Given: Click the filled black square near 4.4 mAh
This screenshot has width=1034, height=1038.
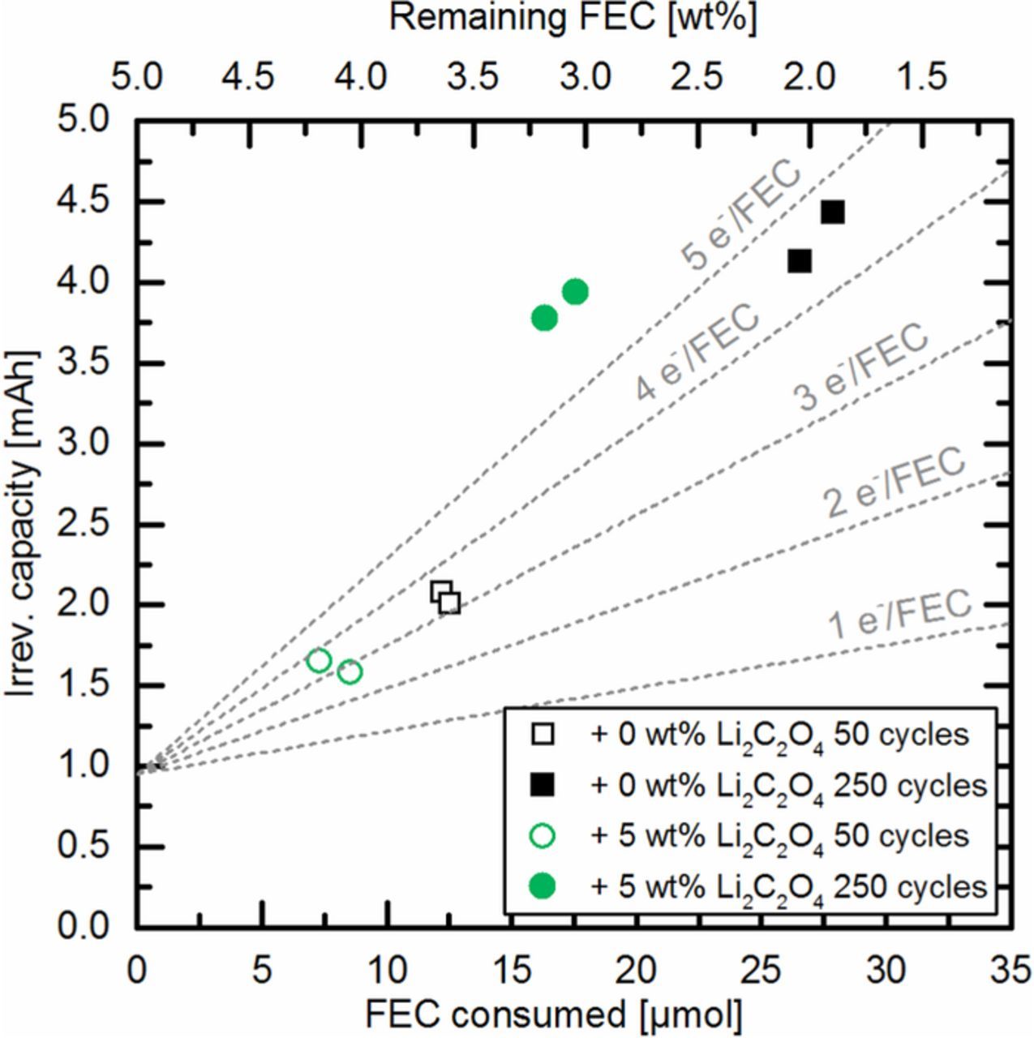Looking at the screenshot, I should click(x=832, y=212).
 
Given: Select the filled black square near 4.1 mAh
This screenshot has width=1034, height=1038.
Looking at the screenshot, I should click(x=800, y=261).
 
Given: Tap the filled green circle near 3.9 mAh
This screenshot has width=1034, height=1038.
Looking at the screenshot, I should click(x=575, y=291).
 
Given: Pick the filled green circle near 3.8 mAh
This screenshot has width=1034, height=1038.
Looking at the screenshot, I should click(x=544, y=317).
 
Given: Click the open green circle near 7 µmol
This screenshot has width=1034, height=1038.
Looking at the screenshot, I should click(x=320, y=660).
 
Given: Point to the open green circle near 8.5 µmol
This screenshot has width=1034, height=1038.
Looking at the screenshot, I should click(x=350, y=671).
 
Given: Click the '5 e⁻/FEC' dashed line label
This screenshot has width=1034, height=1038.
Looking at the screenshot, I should click(x=742, y=217).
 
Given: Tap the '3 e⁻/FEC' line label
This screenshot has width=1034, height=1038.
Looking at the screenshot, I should click(x=861, y=367).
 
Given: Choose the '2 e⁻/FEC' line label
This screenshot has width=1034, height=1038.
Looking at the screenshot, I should click(x=895, y=483).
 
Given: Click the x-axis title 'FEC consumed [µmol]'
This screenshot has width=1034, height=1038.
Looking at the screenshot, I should click(x=553, y=1014).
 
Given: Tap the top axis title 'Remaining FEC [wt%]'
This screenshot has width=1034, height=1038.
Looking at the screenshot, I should click(x=573, y=19).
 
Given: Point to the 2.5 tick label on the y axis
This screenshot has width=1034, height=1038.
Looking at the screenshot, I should click(x=83, y=525).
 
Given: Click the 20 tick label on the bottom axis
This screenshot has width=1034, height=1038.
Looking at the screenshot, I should click(x=637, y=969).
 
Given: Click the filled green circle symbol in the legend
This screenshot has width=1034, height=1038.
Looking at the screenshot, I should click(x=542, y=886).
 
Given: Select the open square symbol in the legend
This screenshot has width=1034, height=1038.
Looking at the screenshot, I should click(x=542, y=735).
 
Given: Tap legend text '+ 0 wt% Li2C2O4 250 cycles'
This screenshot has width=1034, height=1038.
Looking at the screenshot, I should click(x=788, y=785).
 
